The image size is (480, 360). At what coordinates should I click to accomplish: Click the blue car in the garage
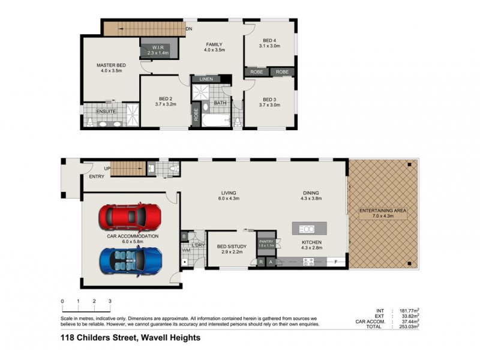130,260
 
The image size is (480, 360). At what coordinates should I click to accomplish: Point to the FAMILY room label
214,44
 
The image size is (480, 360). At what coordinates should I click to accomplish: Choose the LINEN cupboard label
207,79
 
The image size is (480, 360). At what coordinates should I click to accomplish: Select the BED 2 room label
166,98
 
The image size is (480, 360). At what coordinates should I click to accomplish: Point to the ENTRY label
97,176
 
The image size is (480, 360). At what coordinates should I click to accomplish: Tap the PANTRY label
266,241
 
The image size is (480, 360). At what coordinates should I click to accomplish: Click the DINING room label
315,193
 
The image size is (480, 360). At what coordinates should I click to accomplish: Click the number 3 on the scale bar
110,301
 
